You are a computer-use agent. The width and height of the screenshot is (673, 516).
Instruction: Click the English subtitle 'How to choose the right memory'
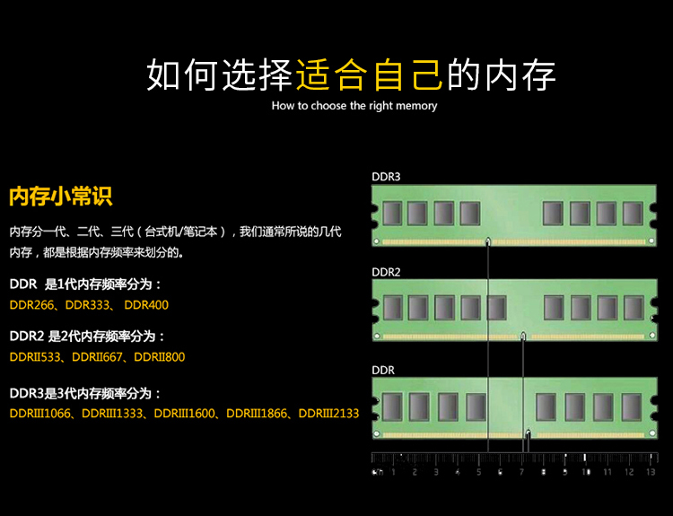pos(354,106)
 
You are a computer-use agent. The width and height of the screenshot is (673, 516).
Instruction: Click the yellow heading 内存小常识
pos(60,197)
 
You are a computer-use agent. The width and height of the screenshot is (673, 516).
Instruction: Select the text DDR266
pos(31,305)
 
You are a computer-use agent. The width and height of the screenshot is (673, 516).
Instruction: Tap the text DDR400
pos(146,305)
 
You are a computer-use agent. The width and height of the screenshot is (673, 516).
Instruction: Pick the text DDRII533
pos(35,357)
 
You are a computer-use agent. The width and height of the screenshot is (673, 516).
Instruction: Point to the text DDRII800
pos(159,357)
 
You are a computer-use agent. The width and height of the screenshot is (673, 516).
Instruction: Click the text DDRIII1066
pos(39,414)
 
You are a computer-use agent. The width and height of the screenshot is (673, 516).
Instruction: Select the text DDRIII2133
pos(328,414)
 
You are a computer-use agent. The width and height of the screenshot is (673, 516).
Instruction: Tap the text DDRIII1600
pos(184,414)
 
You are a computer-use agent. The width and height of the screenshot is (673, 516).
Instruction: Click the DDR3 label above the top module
pos(386,177)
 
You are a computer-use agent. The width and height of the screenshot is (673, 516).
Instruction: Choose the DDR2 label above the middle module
pos(386,272)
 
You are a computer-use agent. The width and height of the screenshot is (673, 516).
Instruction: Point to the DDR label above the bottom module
pos(383,370)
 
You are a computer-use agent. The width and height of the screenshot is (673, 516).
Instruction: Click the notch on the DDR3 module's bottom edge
pos(488,241)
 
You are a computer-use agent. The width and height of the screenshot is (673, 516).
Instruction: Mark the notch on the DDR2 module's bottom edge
pos(523,337)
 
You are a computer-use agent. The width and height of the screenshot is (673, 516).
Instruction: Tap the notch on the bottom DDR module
pos(529,433)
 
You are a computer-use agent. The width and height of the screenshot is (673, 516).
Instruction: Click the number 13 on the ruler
pos(651,472)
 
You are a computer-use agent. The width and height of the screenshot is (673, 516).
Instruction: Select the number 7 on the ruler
pos(521,472)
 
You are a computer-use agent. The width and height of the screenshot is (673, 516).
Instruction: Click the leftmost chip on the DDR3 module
pos(392,214)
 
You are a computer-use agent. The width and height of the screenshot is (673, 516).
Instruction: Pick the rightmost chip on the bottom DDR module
pos(632,407)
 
